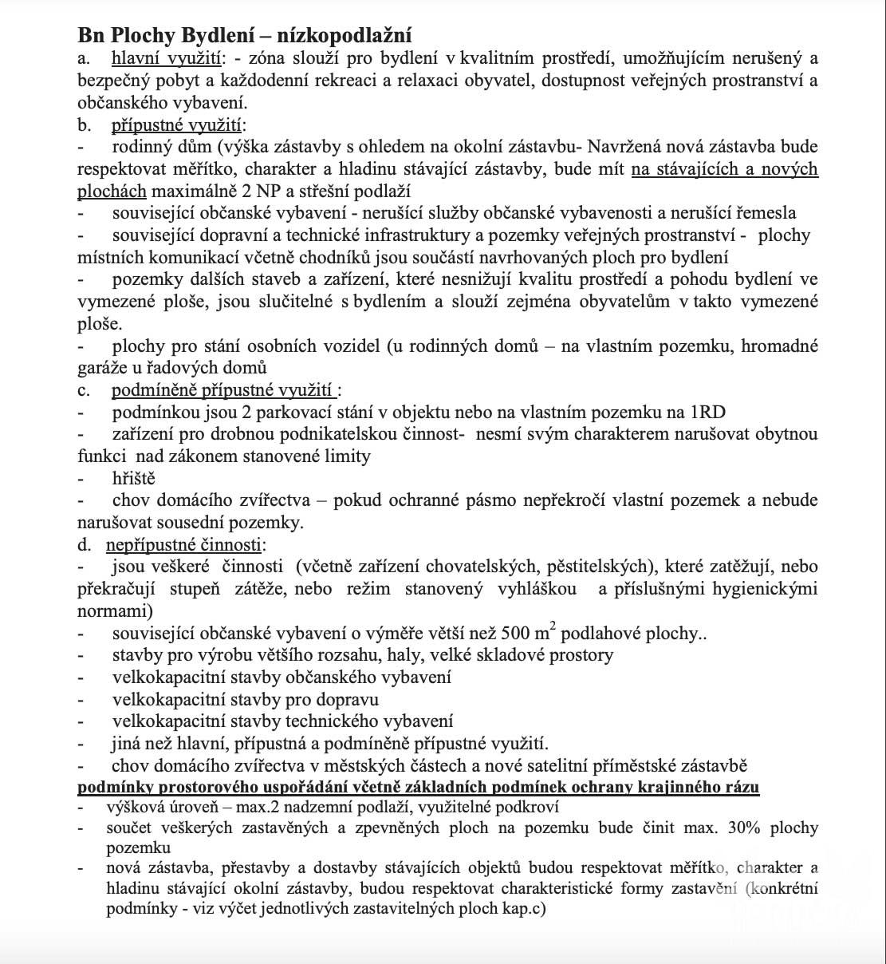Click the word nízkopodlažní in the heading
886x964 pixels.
pos(348,35)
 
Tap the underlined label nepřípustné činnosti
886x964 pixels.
pos(184,545)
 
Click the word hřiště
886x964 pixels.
pos(134,479)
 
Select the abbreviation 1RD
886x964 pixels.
pos(707,413)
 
